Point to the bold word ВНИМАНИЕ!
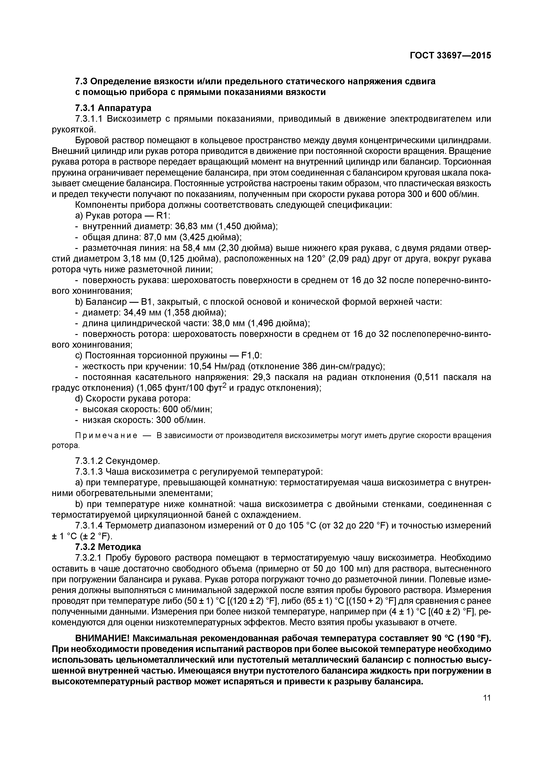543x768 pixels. point(102,639)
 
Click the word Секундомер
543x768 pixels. point(133,461)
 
